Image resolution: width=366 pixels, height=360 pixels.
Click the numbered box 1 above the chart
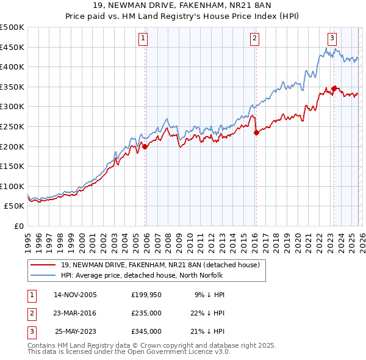click(143, 38)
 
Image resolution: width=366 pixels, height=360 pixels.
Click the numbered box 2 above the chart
click(254, 38)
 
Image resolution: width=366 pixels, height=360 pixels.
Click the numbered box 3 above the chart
click(332, 38)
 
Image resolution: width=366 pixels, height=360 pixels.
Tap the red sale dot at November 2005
click(145, 146)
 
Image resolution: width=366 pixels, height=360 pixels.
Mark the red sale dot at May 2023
click(334, 88)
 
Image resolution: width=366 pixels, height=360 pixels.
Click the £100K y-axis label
click(12, 186)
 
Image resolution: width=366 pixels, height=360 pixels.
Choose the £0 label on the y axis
click(18, 226)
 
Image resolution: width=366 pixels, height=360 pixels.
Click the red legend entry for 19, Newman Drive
click(160, 265)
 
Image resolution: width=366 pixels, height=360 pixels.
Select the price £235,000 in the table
click(146, 313)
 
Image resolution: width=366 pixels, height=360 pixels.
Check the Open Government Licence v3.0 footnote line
click(128, 352)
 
